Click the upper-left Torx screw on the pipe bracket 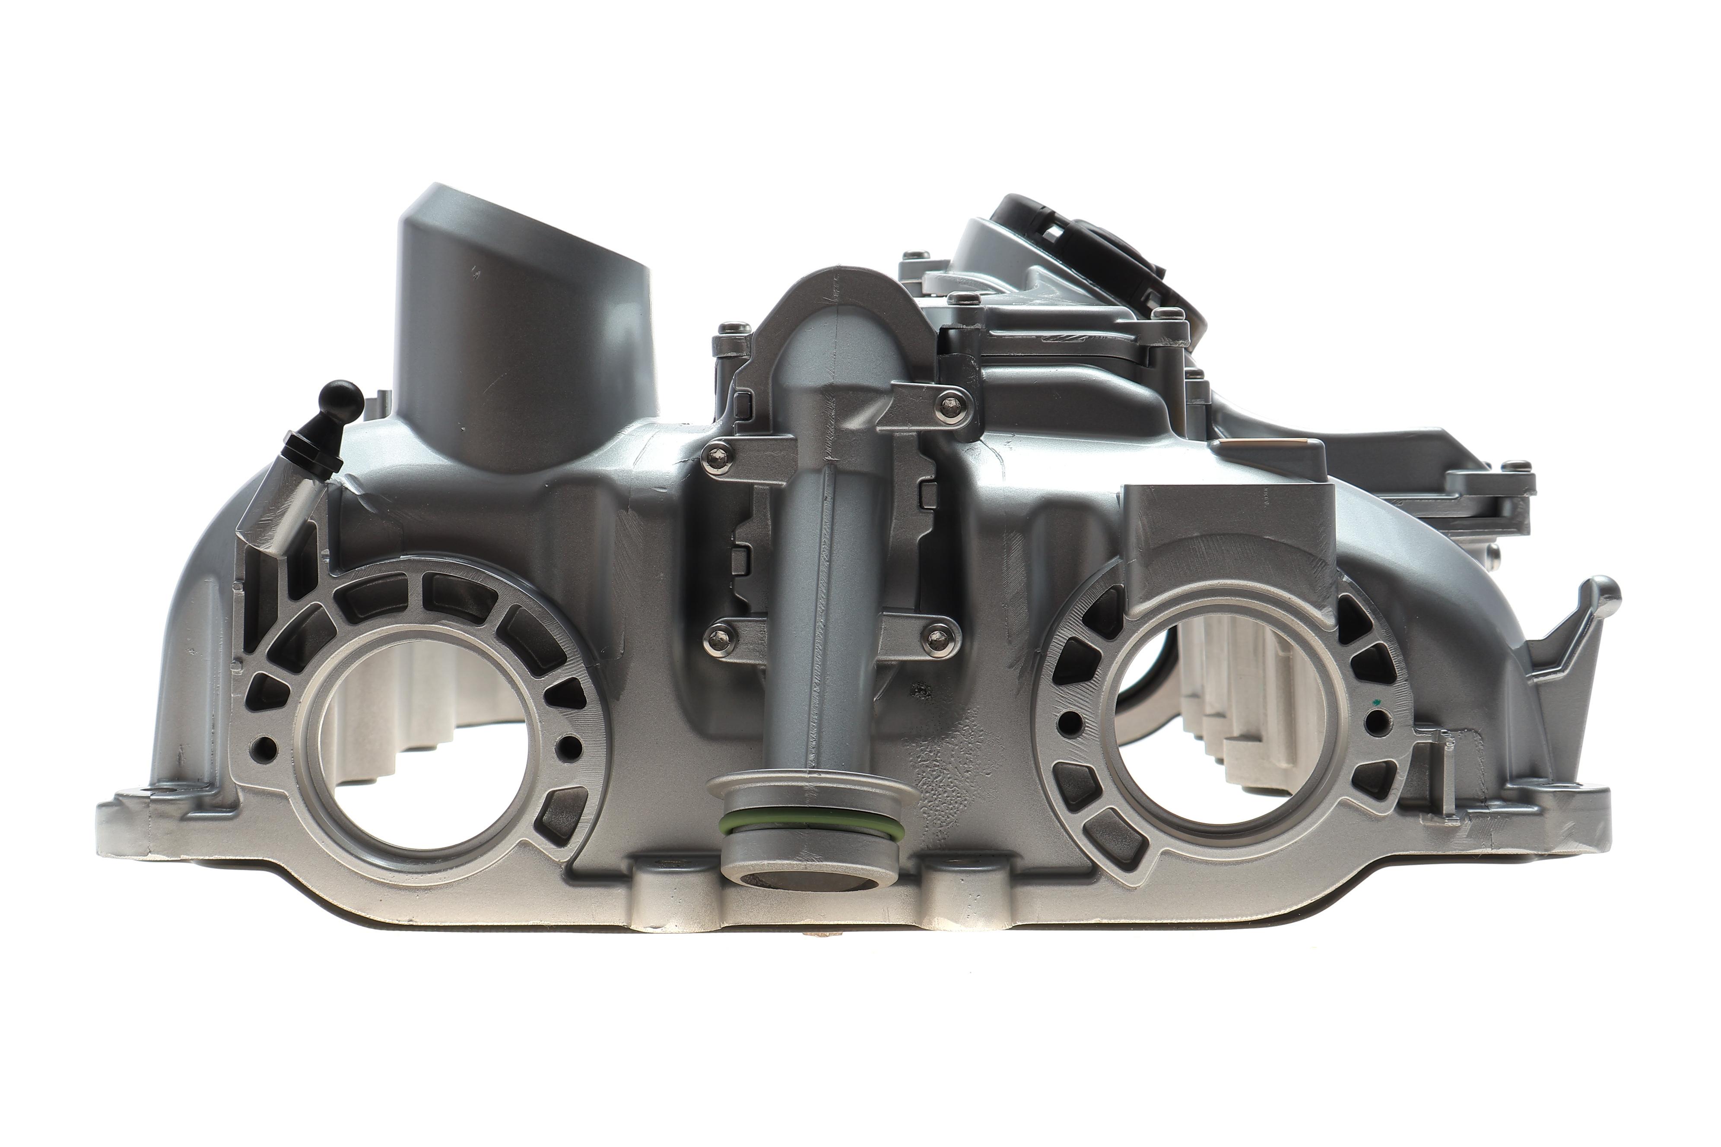(x=716, y=459)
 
